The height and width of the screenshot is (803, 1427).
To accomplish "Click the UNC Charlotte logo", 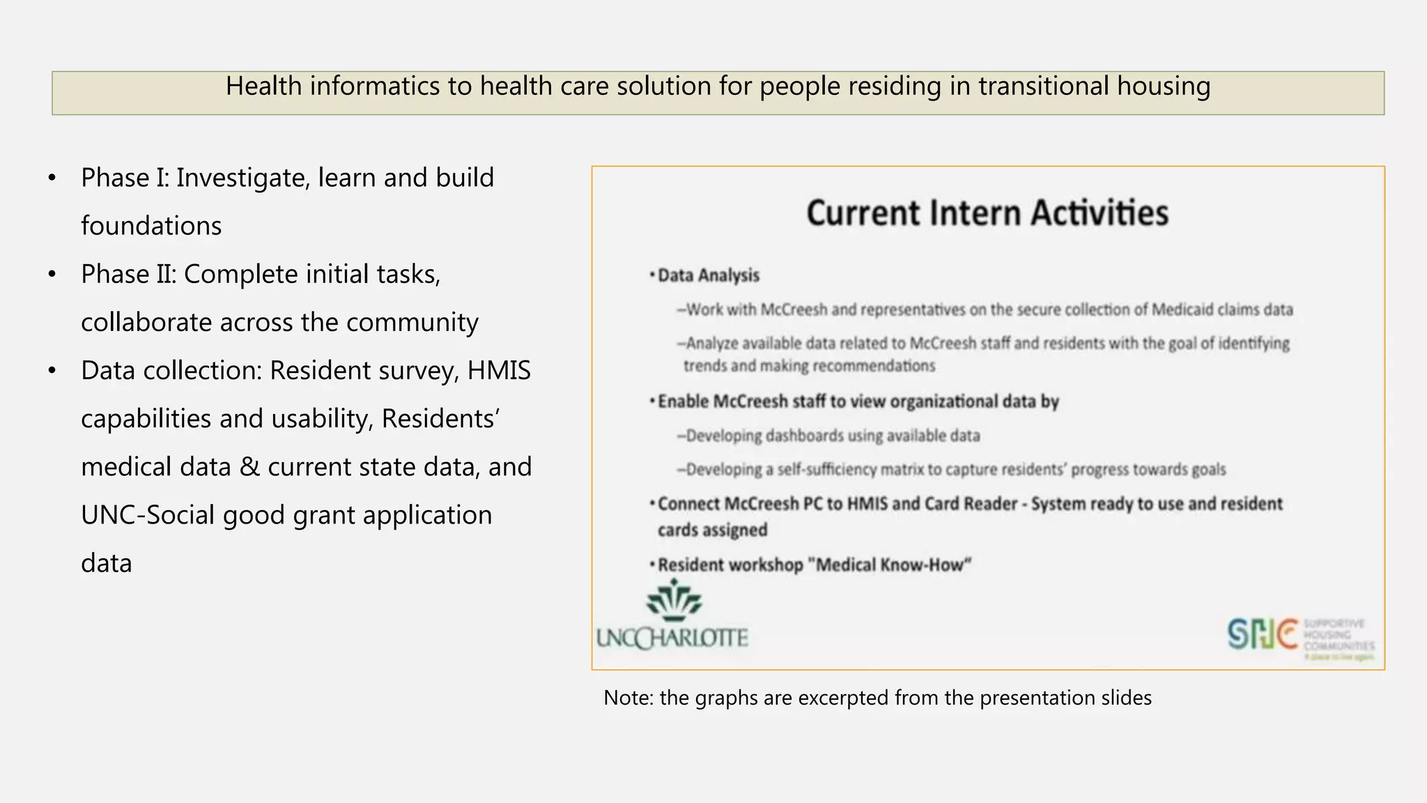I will pos(672,616).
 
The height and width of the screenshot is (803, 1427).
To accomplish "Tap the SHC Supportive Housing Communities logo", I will pos(1300,636).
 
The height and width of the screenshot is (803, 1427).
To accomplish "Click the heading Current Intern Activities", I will pos(987,213).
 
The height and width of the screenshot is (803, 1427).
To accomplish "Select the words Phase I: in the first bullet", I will pos(125,178).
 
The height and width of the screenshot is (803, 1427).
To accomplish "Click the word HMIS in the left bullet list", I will pos(499,370).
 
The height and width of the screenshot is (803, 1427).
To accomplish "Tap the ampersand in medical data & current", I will pos(249,466).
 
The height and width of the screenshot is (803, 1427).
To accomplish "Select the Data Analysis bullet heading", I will pos(708,275).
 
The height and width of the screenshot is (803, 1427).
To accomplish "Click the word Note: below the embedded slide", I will pos(628,698).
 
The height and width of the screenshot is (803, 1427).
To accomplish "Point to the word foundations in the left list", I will pos(151,226).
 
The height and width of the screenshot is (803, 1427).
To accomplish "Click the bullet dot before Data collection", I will pos(52,371).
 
